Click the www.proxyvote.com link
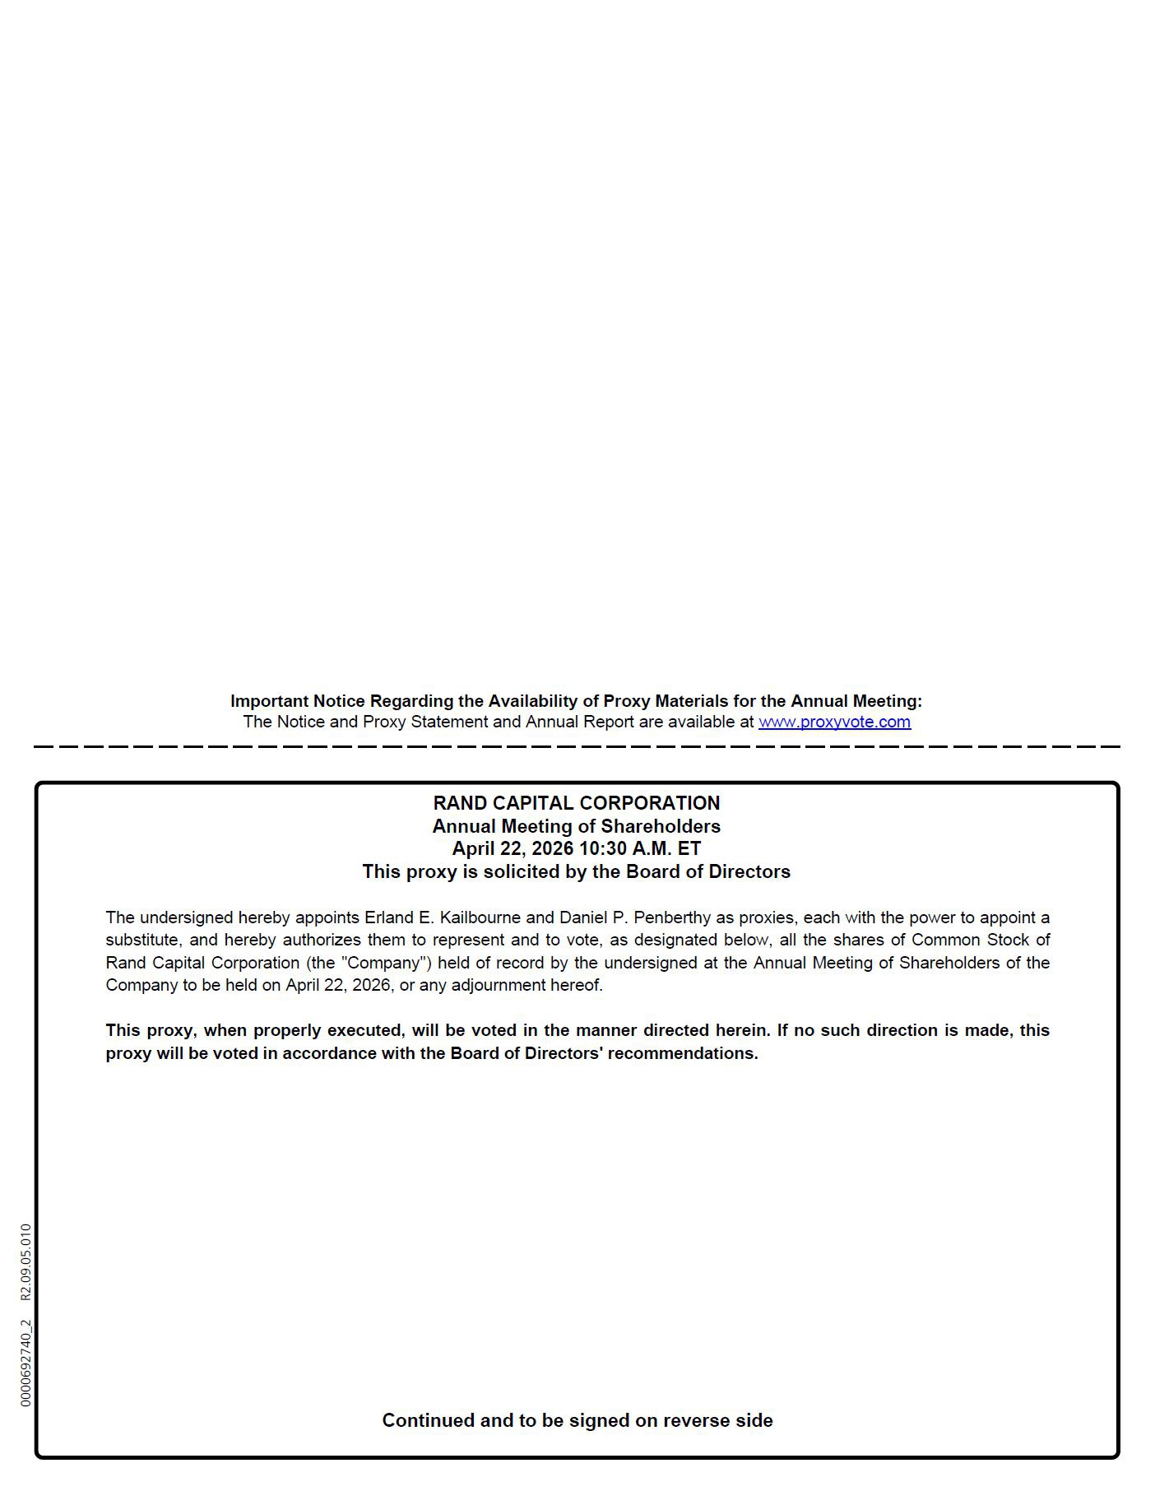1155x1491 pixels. [x=834, y=722]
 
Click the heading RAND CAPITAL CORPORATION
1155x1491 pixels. [x=576, y=803]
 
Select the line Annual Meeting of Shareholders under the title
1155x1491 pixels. [x=576, y=826]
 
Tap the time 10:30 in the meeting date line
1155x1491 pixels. [x=603, y=848]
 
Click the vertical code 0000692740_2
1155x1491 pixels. [x=26, y=1363]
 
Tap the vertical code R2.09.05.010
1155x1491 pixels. [x=26, y=1261]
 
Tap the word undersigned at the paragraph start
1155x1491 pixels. [x=186, y=917]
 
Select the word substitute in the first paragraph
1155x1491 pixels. [x=141, y=940]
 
